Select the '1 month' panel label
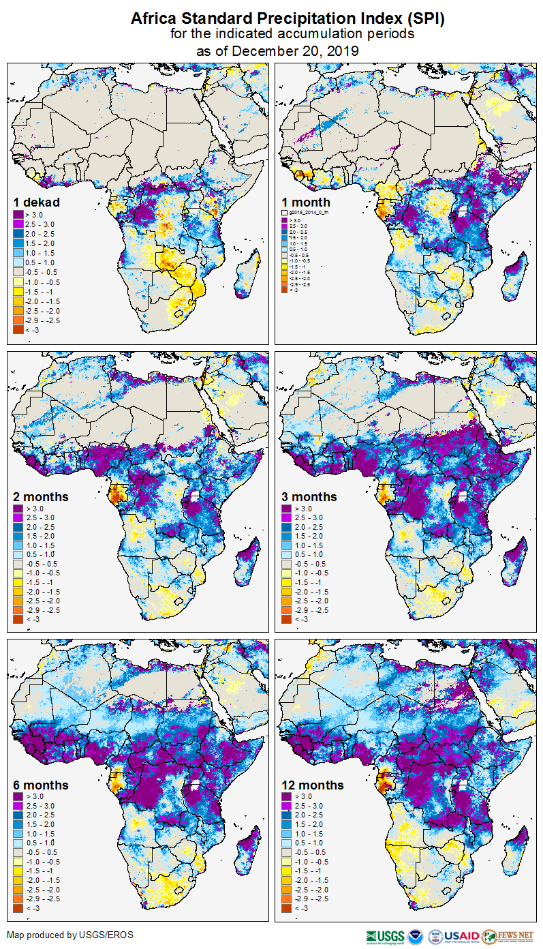click(x=306, y=202)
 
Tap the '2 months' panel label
click(x=41, y=496)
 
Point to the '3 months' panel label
click(x=309, y=496)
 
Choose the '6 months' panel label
click(x=41, y=785)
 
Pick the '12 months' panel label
click(x=313, y=785)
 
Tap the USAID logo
click(x=461, y=936)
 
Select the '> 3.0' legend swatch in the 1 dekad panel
click(x=18, y=215)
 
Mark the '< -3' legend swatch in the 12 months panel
click(x=287, y=908)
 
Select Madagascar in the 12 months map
click(x=520, y=847)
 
